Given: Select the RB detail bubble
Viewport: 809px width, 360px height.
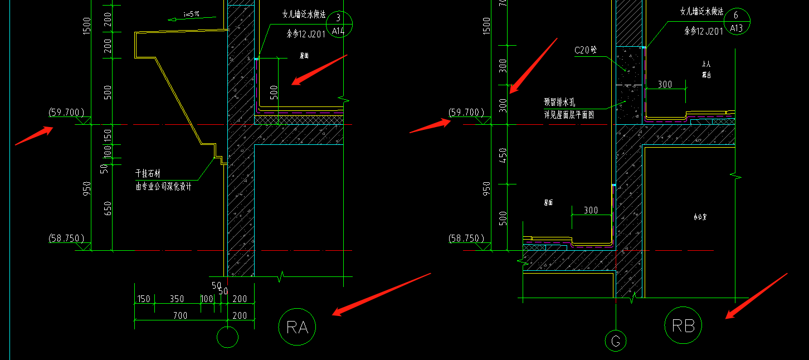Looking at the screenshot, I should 683,325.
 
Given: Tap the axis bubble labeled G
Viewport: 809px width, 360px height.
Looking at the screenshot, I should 616,341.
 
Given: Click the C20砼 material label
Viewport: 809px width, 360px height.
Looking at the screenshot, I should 586,51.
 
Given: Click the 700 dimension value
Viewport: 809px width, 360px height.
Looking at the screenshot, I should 180,315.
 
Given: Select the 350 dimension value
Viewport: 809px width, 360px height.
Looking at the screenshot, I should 177,299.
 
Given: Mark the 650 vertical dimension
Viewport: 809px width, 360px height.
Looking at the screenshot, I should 108,208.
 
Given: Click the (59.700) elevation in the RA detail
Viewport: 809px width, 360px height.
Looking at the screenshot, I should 66,113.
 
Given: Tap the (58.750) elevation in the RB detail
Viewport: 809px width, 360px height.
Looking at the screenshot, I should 465,239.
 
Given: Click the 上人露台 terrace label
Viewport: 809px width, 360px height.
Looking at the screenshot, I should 706,69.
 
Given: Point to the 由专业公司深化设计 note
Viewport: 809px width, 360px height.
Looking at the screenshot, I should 163,187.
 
